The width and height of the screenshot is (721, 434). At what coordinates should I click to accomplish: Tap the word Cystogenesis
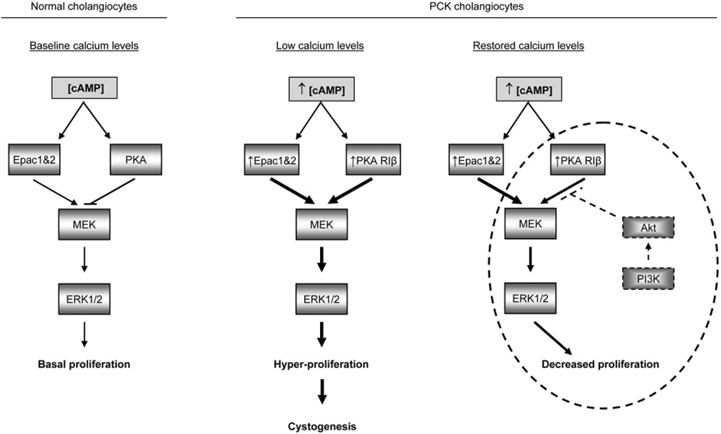click(322, 425)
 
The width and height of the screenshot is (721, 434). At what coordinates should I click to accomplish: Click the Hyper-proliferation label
click(322, 364)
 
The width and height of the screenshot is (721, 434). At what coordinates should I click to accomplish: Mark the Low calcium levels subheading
click(319, 46)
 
